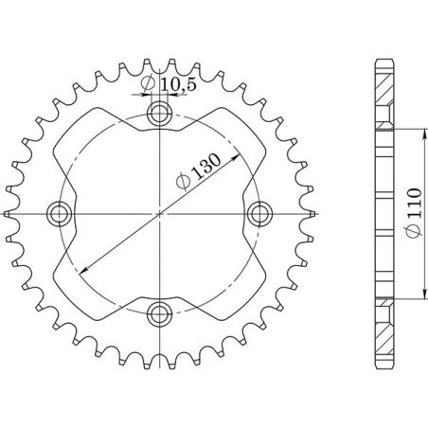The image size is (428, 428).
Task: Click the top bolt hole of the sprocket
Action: tap(159, 116)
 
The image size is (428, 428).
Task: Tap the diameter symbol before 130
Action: tap(183, 180)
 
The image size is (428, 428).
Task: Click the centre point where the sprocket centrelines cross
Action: tap(159, 214)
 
